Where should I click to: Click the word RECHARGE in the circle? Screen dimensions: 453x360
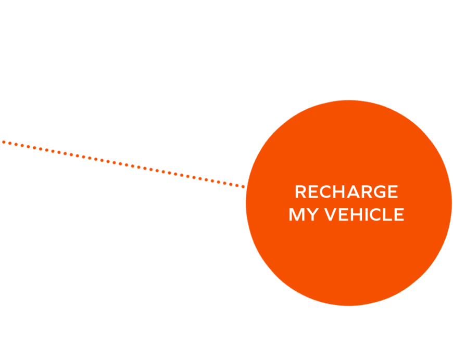[346, 191]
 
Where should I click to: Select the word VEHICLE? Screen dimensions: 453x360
[364, 214]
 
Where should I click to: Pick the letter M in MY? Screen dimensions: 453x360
[296, 214]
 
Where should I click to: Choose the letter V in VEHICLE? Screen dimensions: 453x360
[331, 214]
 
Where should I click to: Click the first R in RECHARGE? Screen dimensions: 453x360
[300, 191]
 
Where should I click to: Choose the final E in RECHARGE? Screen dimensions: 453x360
[393, 191]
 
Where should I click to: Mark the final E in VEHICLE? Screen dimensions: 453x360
[399, 214]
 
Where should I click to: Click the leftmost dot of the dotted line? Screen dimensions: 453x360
[4, 142]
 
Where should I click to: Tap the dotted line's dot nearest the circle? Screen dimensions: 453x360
[243, 187]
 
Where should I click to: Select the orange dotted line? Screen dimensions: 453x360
[123, 164]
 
